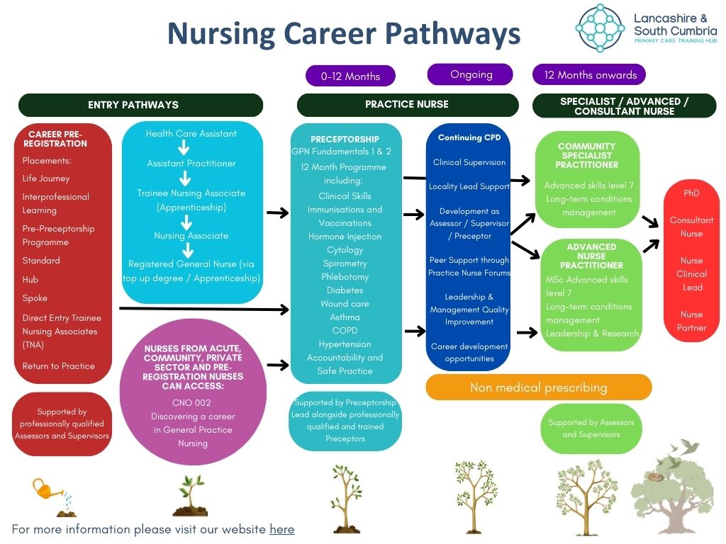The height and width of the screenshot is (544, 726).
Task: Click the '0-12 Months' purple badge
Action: [350, 76]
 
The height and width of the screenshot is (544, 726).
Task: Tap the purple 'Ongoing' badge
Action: [470, 74]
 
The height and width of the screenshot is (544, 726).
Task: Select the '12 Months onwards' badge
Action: [590, 74]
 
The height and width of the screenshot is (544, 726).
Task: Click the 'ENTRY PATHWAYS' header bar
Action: [140, 105]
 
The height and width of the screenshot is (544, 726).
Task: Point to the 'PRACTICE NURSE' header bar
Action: [406, 104]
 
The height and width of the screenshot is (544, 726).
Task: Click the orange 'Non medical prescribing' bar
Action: [538, 387]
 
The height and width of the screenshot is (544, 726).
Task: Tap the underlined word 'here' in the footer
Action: [281, 529]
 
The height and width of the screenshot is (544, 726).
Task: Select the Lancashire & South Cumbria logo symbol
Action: [600, 28]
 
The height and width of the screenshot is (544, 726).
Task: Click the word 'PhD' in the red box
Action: [691, 193]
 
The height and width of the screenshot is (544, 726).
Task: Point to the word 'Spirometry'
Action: [345, 263]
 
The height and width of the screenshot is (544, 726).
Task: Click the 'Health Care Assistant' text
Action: [191, 133]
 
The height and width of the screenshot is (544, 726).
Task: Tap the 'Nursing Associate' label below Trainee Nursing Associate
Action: [191, 236]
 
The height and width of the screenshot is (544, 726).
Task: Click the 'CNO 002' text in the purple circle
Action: [192, 402]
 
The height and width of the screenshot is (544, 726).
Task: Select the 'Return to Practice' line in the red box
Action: [58, 366]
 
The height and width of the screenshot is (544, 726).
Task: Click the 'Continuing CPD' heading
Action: [469, 137]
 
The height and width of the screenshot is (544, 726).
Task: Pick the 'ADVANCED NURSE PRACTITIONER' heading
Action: [591, 256]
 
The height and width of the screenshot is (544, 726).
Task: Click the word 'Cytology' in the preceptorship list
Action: [345, 250]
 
